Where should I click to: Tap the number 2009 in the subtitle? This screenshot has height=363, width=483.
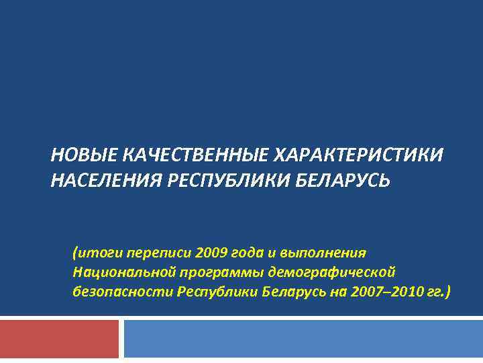212,253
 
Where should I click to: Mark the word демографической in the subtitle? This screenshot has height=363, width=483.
333,272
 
